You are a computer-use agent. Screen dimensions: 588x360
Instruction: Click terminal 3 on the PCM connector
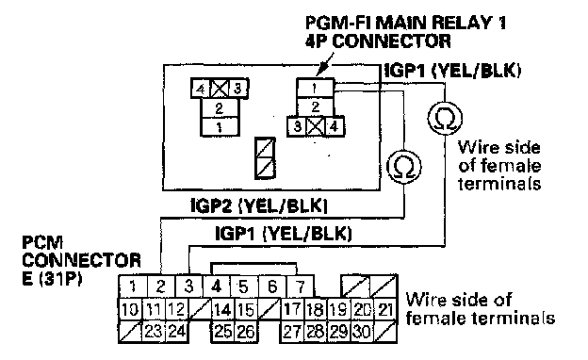[189, 286]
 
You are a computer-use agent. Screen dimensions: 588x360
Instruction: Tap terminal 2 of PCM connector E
[161, 286]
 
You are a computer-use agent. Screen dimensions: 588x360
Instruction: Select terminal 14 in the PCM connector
[222, 310]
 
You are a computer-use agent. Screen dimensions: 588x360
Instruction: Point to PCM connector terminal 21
[385, 310]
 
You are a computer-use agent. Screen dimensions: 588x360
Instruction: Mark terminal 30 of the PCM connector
[363, 332]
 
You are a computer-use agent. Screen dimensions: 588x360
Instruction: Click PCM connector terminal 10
[130, 310]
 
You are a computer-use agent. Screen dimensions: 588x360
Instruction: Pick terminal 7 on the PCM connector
[301, 286]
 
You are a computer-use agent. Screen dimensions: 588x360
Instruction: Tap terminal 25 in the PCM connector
[223, 332]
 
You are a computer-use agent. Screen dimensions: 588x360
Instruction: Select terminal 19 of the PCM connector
[339, 310]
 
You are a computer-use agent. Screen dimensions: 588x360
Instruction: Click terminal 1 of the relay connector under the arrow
[315, 89]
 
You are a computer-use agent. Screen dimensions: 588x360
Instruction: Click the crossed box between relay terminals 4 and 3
[219, 89]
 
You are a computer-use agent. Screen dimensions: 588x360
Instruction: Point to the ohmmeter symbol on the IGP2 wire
[404, 167]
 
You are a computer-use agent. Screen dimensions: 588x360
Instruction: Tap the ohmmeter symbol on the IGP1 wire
[445, 118]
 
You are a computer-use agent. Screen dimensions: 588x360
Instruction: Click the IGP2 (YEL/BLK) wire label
[259, 205]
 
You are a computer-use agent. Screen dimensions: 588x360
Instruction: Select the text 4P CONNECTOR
[379, 41]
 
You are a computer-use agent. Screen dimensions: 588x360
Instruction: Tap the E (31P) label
[52, 278]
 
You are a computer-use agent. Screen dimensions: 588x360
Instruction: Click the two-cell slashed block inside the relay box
[265, 158]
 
